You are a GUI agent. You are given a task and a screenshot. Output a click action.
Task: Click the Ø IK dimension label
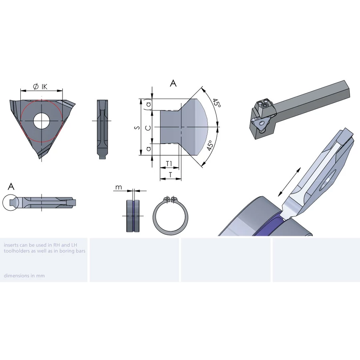click(x=40, y=86)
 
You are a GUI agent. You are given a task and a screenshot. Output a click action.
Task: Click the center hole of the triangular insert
click(x=42, y=121)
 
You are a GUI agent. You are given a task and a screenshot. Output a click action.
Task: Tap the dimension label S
click(x=137, y=127)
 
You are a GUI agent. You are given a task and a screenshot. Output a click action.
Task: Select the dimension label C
click(x=148, y=128)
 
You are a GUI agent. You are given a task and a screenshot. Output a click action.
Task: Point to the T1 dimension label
click(x=169, y=164)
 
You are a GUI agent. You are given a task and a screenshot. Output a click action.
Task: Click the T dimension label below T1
click(x=170, y=175)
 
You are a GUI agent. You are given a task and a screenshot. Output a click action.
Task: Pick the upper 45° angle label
click(x=216, y=103)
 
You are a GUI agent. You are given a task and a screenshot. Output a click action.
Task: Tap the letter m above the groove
click(x=118, y=187)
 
